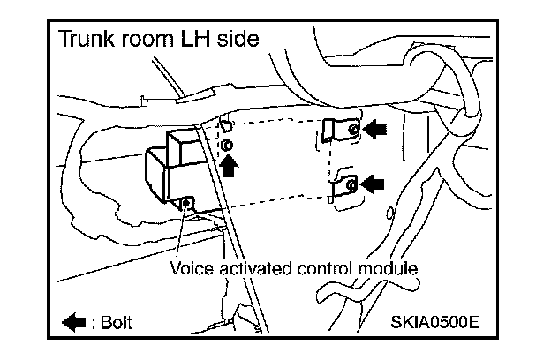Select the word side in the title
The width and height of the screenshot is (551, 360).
(x=239, y=40)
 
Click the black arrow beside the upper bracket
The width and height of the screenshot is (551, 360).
(x=376, y=130)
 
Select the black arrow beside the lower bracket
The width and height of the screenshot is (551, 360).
(x=376, y=184)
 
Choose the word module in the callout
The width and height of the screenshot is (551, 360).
(x=388, y=265)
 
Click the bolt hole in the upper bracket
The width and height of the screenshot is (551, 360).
(x=352, y=129)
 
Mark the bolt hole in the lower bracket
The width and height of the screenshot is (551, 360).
(x=351, y=184)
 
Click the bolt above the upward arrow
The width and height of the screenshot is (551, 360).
(x=227, y=144)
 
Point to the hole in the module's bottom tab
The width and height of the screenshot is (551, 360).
(x=185, y=205)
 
